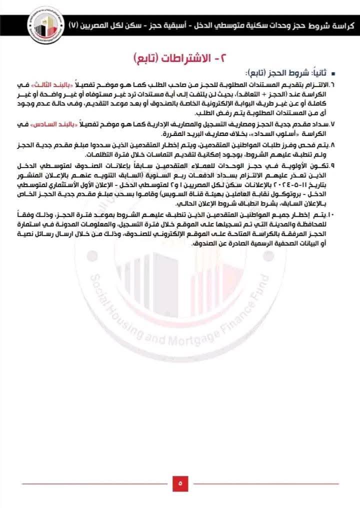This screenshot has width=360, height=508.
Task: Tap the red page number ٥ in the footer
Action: coord(179,483)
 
